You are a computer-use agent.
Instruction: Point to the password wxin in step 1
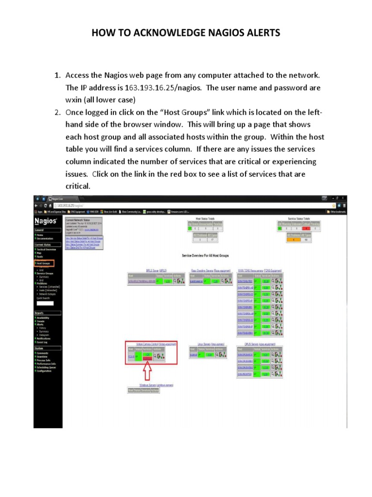(x=76, y=100)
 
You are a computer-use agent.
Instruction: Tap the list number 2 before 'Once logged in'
(x=57, y=113)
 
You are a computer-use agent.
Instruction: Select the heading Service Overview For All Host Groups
(x=205, y=255)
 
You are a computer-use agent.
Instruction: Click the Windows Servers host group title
(x=149, y=385)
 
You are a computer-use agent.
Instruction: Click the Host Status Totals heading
(x=205, y=219)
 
